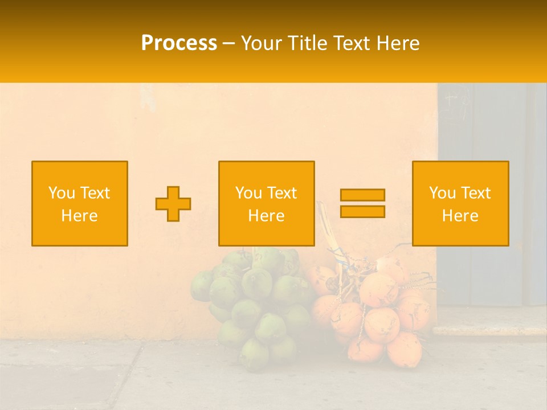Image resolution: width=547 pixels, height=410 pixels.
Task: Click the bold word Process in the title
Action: click(x=179, y=43)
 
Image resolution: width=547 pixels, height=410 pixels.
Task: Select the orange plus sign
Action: click(x=173, y=204)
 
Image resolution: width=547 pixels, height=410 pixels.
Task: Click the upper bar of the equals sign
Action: click(x=362, y=195)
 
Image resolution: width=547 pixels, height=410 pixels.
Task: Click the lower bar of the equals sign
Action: click(x=362, y=211)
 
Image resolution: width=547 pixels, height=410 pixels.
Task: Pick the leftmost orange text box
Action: click(x=80, y=204)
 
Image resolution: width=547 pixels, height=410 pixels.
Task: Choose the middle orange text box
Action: click(x=266, y=204)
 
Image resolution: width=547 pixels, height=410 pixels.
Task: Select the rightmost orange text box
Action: click(x=460, y=204)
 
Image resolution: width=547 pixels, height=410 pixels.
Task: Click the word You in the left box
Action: click(x=60, y=193)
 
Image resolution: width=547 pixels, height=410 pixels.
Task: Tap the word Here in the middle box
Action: click(x=266, y=216)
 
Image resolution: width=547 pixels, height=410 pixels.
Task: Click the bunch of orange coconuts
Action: click(x=376, y=313)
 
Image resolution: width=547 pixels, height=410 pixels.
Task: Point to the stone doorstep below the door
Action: click(x=490, y=329)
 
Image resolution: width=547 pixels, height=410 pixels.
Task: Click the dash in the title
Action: click(x=228, y=43)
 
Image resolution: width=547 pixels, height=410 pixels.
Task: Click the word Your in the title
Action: click(x=262, y=43)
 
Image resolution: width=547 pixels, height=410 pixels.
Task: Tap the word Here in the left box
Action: click(x=80, y=216)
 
